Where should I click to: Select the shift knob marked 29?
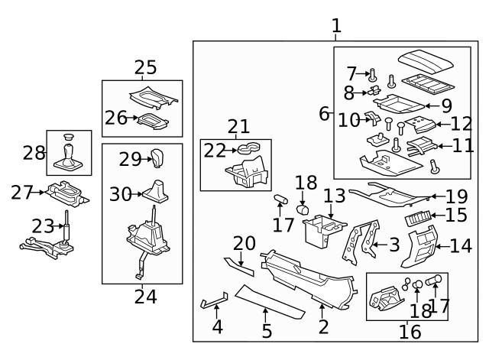157,159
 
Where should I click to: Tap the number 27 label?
21,192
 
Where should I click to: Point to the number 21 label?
238,127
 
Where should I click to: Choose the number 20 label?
244,243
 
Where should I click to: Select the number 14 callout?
461,245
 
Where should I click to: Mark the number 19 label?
456,196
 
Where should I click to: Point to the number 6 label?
324,114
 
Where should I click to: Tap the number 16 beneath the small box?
410,331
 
